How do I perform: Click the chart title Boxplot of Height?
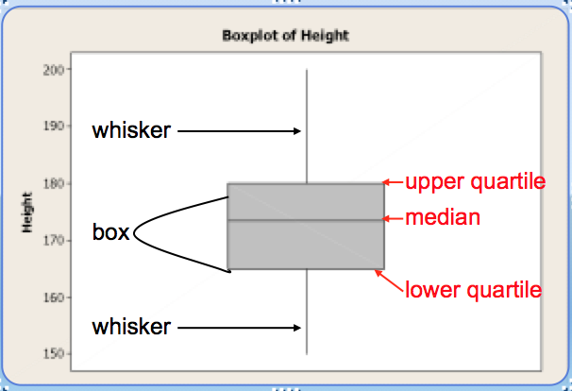[x=285, y=36]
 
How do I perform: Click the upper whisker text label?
[x=131, y=130]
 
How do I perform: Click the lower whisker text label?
[x=131, y=327]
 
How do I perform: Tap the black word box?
[x=110, y=232]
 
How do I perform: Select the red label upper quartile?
[x=475, y=181]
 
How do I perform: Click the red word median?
[x=443, y=218]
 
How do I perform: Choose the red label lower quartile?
[x=474, y=289]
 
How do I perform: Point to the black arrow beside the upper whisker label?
[x=239, y=131]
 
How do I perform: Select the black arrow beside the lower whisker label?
[x=239, y=328]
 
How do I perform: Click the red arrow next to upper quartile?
[x=393, y=182]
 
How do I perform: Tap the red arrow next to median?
[x=393, y=218]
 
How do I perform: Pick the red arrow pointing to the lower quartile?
[x=388, y=279]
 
